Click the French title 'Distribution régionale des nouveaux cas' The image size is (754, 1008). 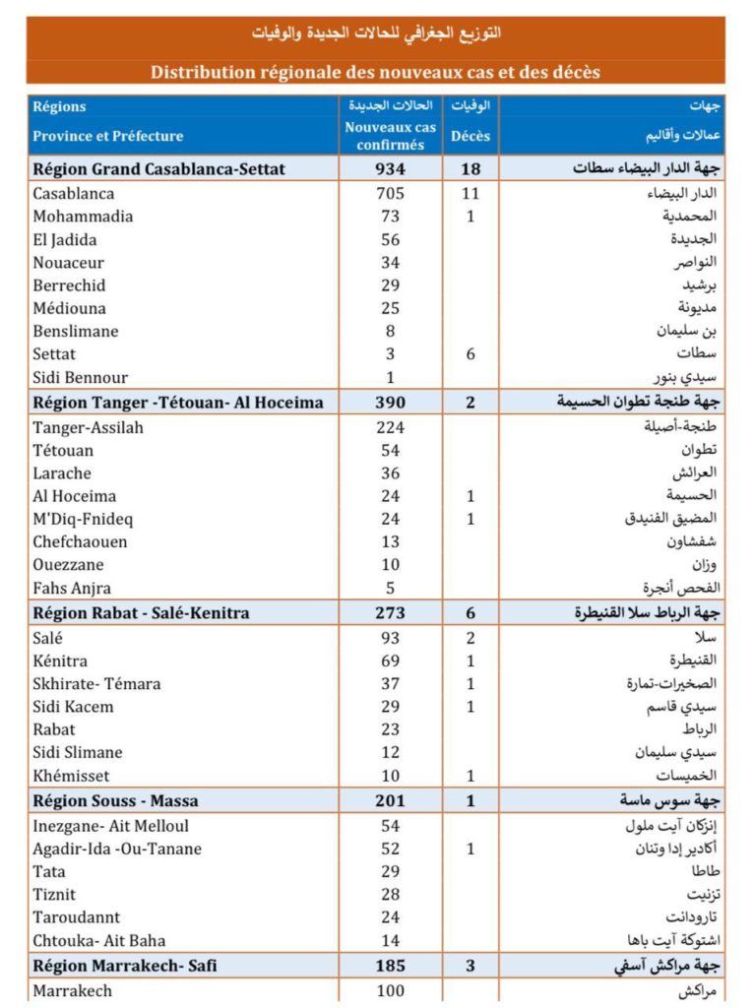point(375,72)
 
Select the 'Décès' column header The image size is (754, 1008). point(471,136)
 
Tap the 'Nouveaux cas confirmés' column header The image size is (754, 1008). point(391,136)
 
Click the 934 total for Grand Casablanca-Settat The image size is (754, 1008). point(391,169)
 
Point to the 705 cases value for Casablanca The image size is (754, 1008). point(391,194)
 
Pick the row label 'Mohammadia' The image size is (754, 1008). point(83,217)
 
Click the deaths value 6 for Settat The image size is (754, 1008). point(471,354)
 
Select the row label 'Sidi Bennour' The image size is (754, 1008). point(81,378)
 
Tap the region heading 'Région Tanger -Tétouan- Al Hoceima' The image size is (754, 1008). point(178,402)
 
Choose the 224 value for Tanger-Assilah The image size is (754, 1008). point(391,427)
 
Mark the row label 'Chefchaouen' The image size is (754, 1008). point(80,542)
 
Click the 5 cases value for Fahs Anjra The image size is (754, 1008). point(391,589)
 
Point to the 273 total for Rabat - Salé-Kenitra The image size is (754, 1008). point(391,613)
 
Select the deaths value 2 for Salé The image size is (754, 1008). point(471,638)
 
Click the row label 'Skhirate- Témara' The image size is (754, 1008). point(96,684)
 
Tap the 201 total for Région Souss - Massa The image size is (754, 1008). point(391,801)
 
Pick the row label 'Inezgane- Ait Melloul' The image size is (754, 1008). point(110,826)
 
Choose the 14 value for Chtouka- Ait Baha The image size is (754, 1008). point(391,941)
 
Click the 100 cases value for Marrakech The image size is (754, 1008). point(391,990)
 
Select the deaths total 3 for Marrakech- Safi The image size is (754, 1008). point(471,966)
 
